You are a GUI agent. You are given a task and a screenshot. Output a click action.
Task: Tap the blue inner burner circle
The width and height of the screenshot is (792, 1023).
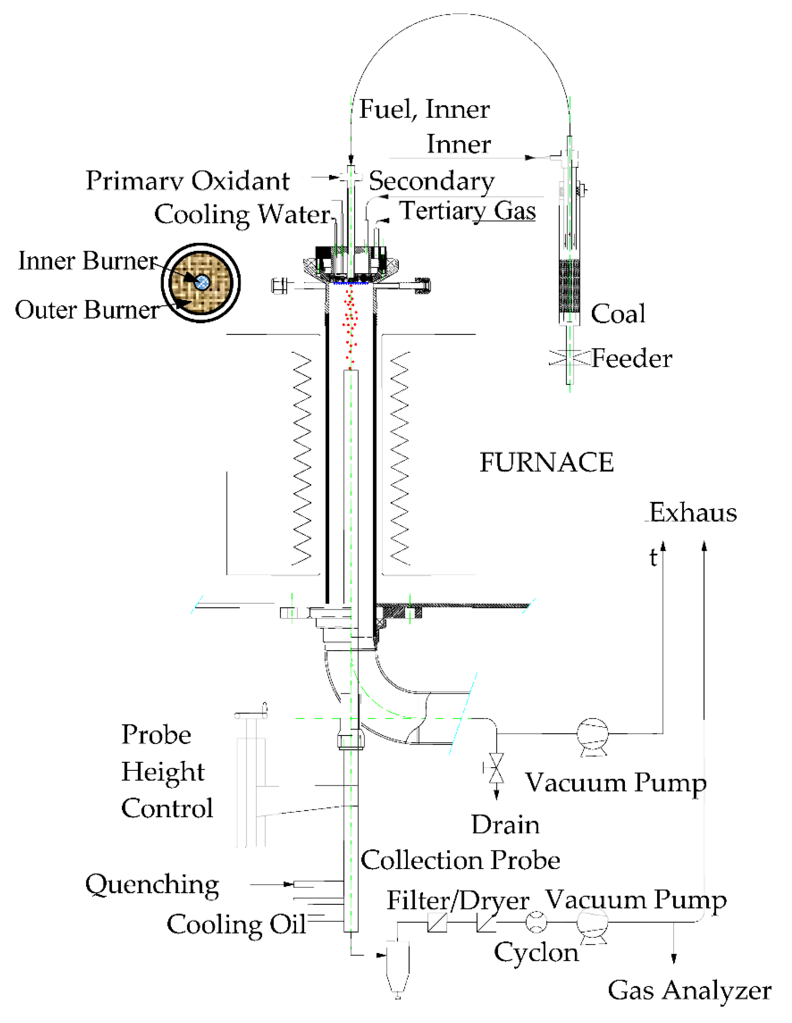(202, 282)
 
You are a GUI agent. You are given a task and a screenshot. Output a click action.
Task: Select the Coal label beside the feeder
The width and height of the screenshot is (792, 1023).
(617, 313)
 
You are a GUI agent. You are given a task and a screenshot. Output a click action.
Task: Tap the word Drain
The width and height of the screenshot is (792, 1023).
(505, 824)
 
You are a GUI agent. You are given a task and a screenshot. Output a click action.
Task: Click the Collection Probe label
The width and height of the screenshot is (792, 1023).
(460, 860)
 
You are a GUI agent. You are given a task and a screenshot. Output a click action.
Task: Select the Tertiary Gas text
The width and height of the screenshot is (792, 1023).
(467, 210)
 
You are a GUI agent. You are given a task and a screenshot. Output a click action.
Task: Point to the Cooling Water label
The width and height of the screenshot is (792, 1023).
(242, 215)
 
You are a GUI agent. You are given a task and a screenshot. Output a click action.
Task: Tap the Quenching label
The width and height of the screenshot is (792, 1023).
(152, 884)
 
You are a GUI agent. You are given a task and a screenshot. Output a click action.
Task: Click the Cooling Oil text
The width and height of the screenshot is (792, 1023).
(236, 924)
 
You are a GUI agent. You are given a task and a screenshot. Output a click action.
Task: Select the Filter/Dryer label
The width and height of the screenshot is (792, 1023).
(458, 900)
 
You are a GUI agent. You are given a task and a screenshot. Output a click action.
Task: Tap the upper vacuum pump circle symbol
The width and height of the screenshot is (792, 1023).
(593, 733)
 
